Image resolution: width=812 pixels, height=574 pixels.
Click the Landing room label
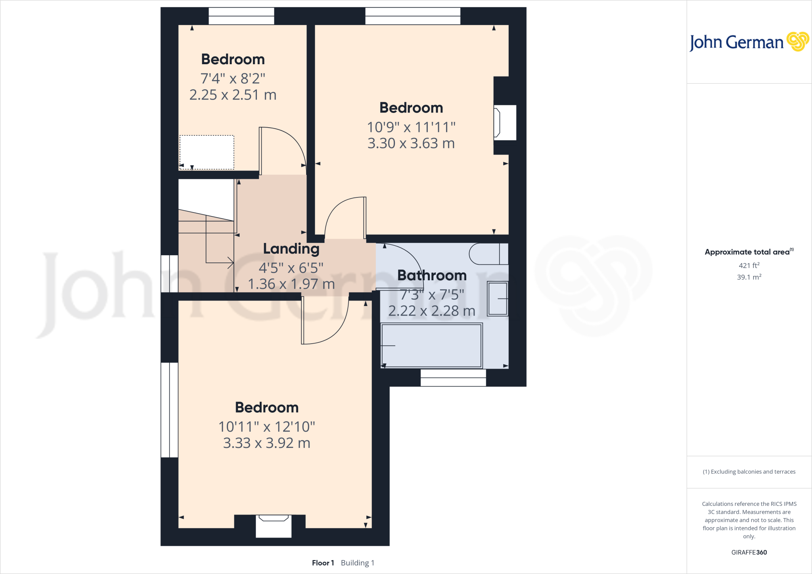click(291, 249)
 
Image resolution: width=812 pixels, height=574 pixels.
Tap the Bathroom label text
click(432, 276)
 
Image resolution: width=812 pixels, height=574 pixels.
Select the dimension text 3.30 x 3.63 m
click(411, 143)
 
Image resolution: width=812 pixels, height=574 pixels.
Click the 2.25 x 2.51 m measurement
click(233, 95)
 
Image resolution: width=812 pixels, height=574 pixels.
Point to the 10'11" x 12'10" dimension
click(266, 427)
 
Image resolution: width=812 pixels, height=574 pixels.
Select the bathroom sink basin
click(498, 298)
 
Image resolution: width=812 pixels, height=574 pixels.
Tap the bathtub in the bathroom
click(431, 345)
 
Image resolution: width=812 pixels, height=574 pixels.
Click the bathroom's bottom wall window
click(453, 377)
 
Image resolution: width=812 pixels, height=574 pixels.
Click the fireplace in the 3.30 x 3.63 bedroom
click(504, 122)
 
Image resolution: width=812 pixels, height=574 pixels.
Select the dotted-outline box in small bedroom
click(207, 152)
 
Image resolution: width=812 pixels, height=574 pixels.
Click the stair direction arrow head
click(230, 262)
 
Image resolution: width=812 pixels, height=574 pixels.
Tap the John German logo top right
click(749, 42)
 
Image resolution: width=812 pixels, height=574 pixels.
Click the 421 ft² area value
click(749, 266)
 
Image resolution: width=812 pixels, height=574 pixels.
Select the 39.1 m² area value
click(749, 277)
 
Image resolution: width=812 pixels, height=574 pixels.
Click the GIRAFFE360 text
click(749, 552)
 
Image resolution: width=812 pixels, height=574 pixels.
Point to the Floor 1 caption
click(323, 563)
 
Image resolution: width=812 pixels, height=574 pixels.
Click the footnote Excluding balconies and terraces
click(749, 472)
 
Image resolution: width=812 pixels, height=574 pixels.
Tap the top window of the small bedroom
click(241, 16)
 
